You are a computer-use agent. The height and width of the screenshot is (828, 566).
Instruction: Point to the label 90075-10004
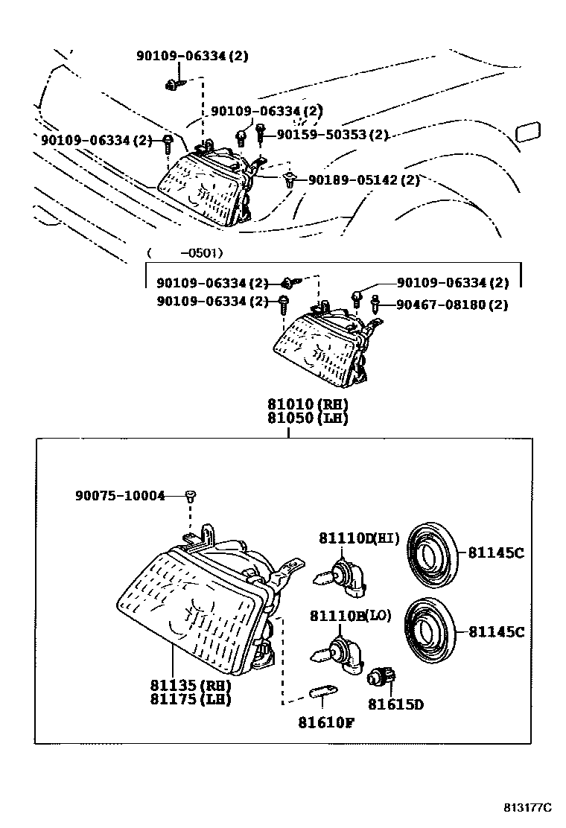pyautogui.click(x=120, y=495)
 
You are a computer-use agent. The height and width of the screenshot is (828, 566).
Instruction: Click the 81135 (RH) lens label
pyautogui.click(x=191, y=686)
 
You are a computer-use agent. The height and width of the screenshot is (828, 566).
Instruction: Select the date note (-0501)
pyautogui.click(x=185, y=253)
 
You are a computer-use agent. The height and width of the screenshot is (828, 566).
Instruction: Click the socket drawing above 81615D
pyautogui.click(x=381, y=675)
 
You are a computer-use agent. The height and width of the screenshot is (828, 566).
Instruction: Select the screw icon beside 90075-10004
pyautogui.click(x=191, y=495)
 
